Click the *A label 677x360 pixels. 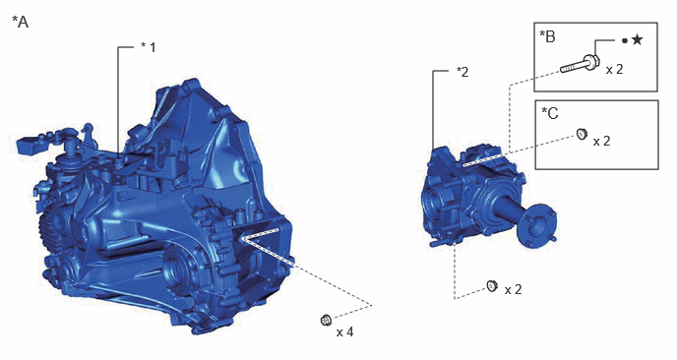tap(20, 22)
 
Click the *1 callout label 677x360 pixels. tap(148, 47)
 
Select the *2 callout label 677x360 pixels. tap(462, 72)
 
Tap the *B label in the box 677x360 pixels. tap(547, 36)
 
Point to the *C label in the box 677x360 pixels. tap(550, 113)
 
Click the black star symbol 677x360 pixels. tap(637, 40)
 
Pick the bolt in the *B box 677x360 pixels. tap(580, 64)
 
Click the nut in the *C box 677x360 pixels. tap(582, 134)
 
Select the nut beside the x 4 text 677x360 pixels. tap(326, 321)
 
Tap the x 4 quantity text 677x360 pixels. tap(345, 331)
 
